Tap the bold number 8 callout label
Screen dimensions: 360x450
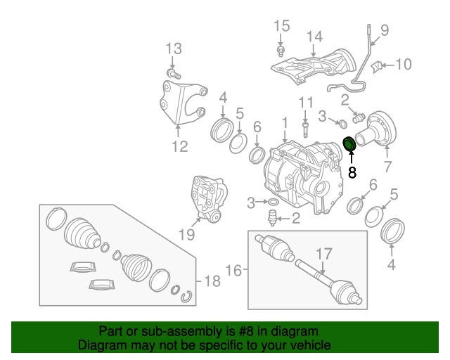352,172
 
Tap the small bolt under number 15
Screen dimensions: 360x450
281,51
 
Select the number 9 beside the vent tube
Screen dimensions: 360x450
385,30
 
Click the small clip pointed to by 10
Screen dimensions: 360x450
375,67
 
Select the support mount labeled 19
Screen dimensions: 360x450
208,200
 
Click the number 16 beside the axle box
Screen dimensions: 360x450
233,269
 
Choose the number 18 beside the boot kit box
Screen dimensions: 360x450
212,281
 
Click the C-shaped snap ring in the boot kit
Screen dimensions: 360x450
187,295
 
